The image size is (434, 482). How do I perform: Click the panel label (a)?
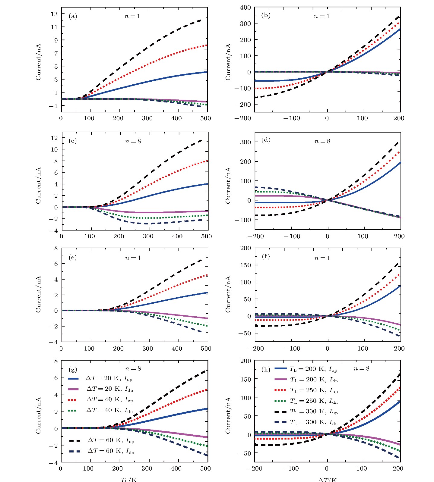tap(73, 16)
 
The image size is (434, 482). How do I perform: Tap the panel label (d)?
tap(266, 140)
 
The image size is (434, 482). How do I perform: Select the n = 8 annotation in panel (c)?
tap(133, 141)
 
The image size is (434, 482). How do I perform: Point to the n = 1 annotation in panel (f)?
tap(322, 258)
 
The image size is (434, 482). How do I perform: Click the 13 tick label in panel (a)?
tap(54, 14)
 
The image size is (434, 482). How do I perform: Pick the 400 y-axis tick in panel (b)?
tap(245, 8)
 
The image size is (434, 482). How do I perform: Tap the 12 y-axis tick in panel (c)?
tap(54, 138)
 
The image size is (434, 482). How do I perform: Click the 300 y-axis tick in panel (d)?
tap(245, 142)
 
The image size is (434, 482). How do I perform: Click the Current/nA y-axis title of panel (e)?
tap(38, 294)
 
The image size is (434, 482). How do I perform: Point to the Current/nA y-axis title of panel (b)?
tap(228, 62)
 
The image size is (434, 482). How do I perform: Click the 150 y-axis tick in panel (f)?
tap(245, 265)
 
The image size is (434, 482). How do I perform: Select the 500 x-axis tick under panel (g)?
tap(205, 468)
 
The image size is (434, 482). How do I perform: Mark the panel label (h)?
tap(266, 369)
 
